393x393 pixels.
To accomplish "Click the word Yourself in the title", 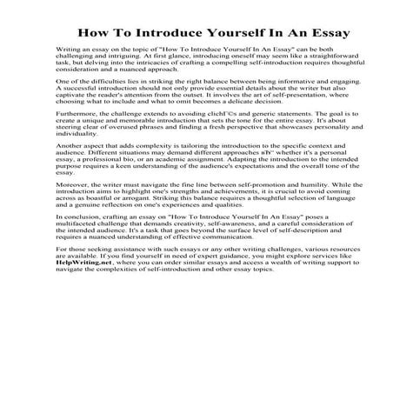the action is [x=224, y=33].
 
